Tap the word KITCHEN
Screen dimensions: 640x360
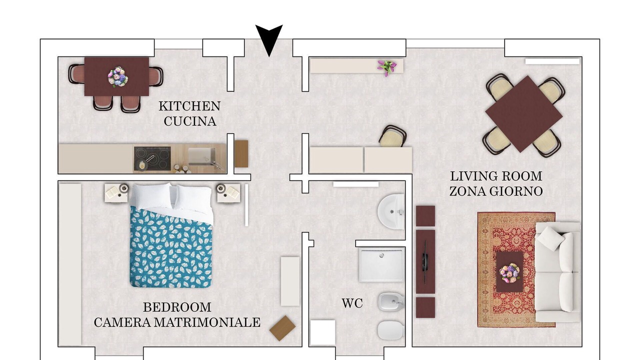[x=189, y=106]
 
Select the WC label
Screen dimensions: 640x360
[x=352, y=303]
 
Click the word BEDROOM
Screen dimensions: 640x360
[x=177, y=307]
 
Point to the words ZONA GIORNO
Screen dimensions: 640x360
[x=496, y=191]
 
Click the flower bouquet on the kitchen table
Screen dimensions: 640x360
[x=117, y=77]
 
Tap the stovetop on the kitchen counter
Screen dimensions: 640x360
[x=152, y=158]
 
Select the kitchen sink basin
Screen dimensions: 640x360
[x=201, y=156]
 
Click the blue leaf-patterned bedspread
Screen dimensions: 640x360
[x=171, y=247]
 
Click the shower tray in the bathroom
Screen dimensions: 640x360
[x=381, y=265]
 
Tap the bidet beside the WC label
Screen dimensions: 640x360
[x=391, y=302]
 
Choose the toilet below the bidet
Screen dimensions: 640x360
[x=391, y=330]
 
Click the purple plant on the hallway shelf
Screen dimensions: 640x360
[x=386, y=67]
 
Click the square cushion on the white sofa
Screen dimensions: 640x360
[x=551, y=239]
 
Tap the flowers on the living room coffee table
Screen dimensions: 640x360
[x=509, y=273]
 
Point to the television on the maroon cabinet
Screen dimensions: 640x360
[x=425, y=262]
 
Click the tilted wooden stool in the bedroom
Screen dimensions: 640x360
[x=282, y=328]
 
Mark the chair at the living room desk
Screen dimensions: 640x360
[x=393, y=136]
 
